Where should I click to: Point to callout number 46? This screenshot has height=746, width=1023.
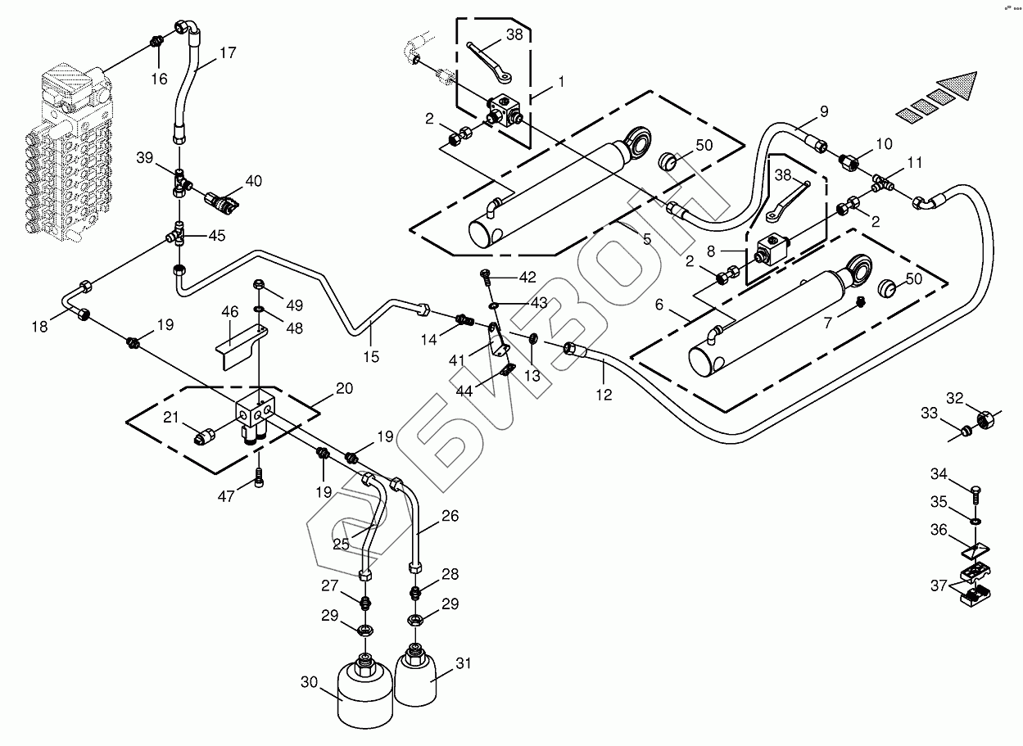230,311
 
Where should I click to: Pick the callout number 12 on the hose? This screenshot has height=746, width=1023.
604,395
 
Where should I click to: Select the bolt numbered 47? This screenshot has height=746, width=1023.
260,480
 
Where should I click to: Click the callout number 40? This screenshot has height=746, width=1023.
253,181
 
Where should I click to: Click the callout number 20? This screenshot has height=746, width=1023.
344,388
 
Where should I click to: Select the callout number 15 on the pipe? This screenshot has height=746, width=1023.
371,356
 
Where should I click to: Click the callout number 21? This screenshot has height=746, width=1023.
170,418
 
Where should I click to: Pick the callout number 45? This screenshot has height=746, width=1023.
216,236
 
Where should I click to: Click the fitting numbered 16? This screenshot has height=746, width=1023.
157,42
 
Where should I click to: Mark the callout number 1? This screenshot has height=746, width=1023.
561,81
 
